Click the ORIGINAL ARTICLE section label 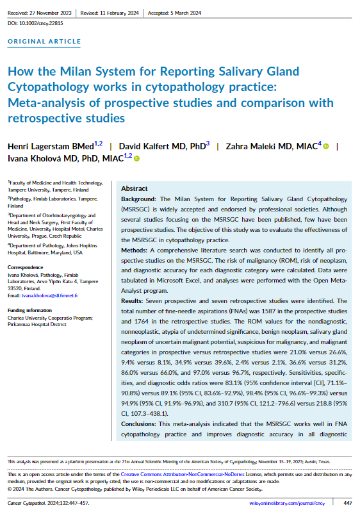44,42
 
